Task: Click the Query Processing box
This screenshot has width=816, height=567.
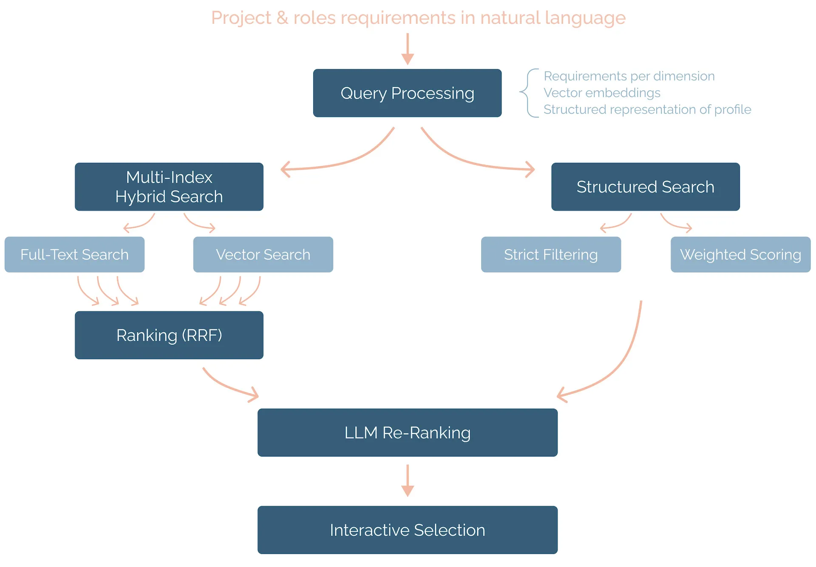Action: coord(407,93)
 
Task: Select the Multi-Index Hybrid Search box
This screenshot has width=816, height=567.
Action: coord(169,187)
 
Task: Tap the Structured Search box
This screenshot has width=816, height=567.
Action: coord(645,187)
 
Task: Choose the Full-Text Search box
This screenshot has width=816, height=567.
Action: coord(74,254)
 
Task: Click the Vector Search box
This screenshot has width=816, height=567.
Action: coord(263,254)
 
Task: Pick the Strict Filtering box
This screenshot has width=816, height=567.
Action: coord(551,254)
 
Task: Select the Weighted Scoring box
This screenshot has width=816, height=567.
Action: coord(740,254)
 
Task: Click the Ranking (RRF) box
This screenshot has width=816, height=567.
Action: coord(169,335)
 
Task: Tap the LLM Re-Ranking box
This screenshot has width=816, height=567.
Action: coord(407,433)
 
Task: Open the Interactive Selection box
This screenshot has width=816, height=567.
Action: coord(407,530)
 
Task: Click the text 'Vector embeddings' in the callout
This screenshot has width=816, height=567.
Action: coord(602,93)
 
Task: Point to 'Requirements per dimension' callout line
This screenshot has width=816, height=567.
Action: coord(629,76)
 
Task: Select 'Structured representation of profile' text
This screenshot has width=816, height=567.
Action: coord(647,109)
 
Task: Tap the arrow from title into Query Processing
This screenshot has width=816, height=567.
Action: coord(408,48)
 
